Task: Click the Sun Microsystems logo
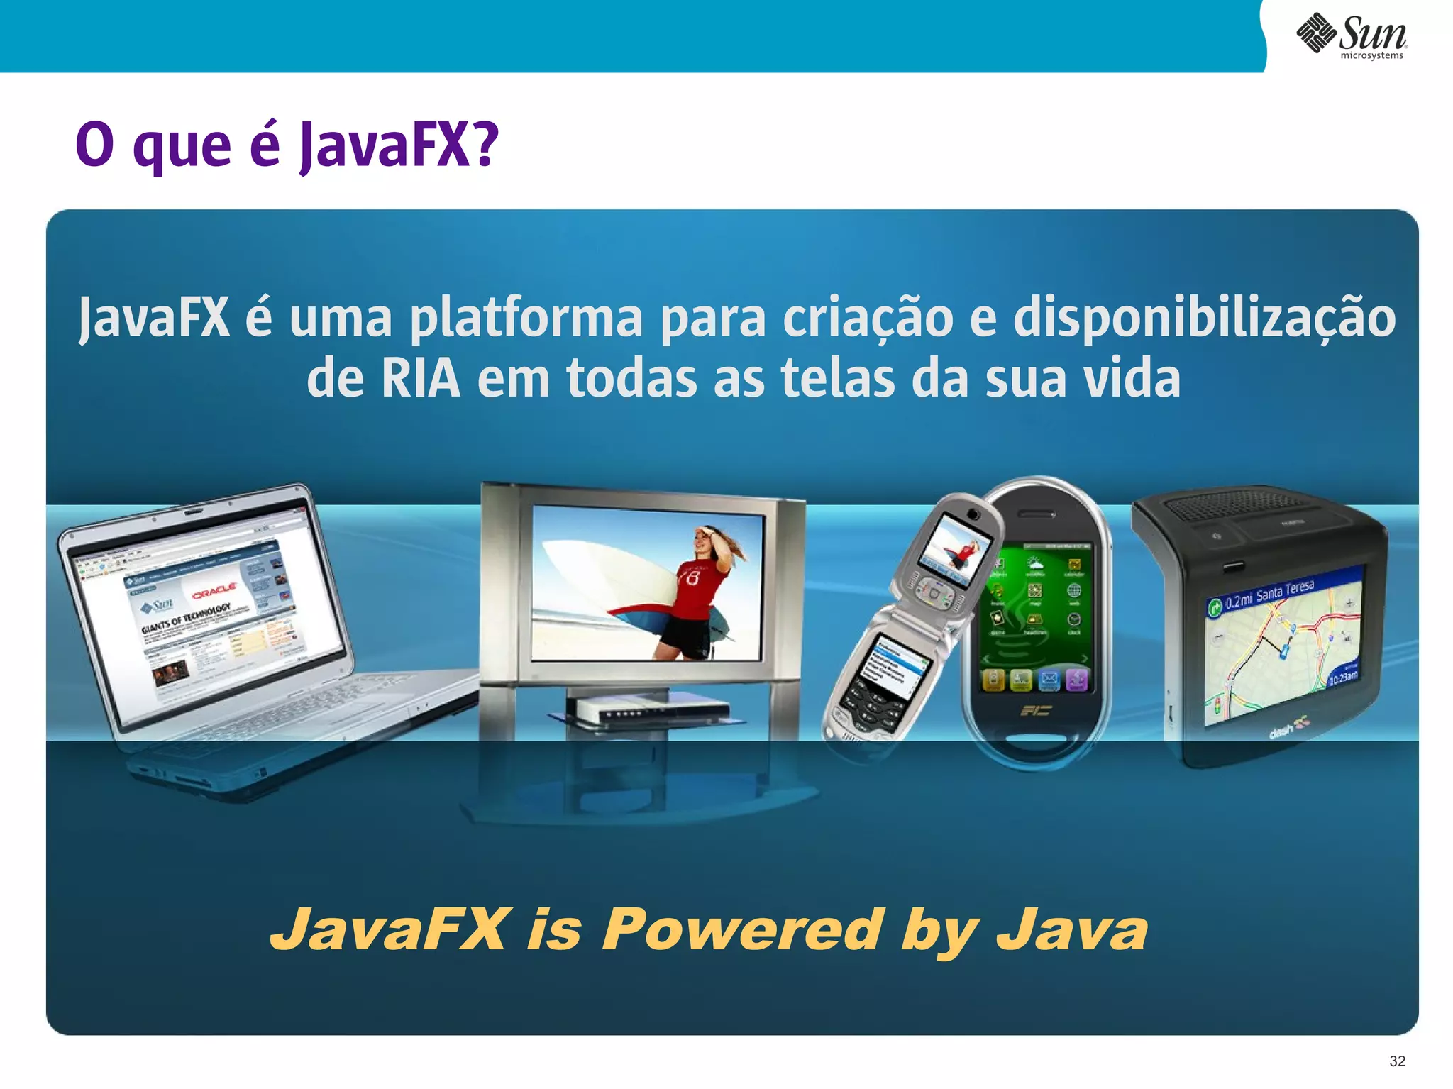pyautogui.click(x=1352, y=35)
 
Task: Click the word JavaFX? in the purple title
pyautogui.click(x=399, y=145)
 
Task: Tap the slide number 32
pyautogui.click(x=1397, y=1061)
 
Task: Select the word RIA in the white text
pyautogui.click(x=420, y=378)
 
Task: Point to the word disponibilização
pyautogui.click(x=1204, y=319)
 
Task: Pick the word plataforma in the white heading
pyautogui.click(x=526, y=319)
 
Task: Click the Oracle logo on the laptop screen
pyautogui.click(x=214, y=590)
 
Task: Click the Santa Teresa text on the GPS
pyautogui.click(x=1285, y=591)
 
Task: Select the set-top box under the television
pyautogui.click(x=647, y=709)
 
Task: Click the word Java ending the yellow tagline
pyautogui.click(x=1071, y=929)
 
